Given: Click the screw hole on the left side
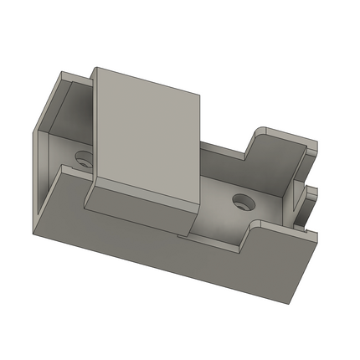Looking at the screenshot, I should click(83, 157).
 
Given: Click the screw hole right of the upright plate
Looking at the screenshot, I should click(243, 201).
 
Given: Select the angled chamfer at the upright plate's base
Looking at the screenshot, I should click(138, 205).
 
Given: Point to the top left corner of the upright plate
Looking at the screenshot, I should click(94, 69).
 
